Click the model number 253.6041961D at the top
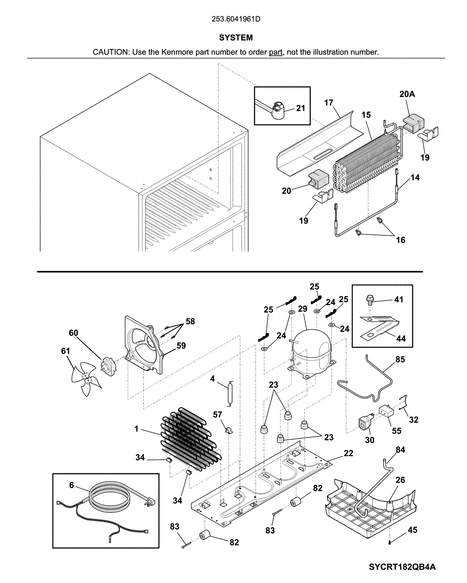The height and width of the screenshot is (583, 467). point(236,19)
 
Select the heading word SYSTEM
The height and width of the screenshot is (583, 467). point(236,38)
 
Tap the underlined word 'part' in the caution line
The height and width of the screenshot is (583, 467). point(275,52)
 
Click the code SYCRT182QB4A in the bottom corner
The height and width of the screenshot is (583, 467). point(402,567)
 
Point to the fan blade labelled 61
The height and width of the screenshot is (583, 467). point(86,379)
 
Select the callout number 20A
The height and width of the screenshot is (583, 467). point(407,94)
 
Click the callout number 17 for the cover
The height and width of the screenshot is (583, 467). point(329,103)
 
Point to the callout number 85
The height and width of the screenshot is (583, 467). point(400,359)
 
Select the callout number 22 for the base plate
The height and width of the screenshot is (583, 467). point(348,453)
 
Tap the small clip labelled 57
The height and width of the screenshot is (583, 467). point(229,430)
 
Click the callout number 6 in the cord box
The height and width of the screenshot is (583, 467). point(72,485)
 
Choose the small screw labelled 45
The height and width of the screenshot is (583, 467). point(390,542)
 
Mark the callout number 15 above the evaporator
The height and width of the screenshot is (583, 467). point(366,115)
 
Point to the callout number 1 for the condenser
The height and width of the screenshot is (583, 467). point(136,429)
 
